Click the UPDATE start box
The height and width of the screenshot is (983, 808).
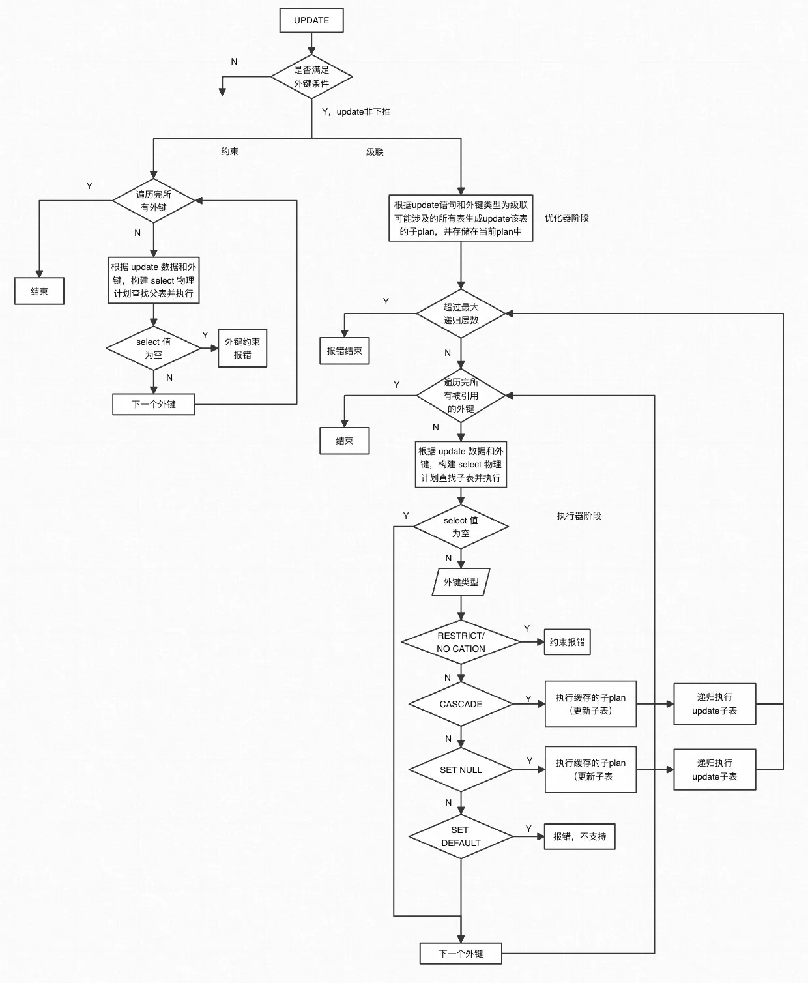311,20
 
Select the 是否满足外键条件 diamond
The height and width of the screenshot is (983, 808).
311,77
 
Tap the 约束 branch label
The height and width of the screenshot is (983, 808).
229,151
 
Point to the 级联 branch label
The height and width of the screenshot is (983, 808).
375,152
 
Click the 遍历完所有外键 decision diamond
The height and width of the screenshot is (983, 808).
154,201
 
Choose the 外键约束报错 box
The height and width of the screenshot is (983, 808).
242,349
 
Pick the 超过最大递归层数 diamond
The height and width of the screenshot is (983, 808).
461,314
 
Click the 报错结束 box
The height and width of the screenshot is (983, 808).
344,351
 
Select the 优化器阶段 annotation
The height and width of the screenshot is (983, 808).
566,218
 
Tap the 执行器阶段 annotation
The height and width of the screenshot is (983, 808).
579,516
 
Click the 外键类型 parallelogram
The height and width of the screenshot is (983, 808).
461,582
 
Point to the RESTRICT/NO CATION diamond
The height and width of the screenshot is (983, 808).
461,642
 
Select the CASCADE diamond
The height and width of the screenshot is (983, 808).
461,704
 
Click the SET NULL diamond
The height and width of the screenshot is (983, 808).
461,770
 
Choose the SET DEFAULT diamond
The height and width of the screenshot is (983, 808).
461,836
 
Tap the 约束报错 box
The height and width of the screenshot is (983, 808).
567,642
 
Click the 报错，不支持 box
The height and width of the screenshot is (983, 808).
579,836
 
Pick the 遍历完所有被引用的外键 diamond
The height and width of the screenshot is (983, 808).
461,396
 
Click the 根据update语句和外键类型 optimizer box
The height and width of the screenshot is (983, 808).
461,218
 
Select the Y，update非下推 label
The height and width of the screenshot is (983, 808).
356,111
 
